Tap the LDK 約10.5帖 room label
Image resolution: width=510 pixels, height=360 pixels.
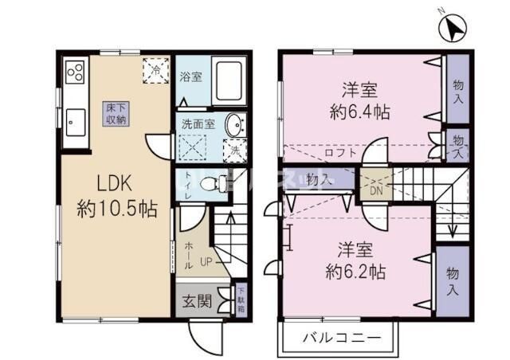tap(116, 198)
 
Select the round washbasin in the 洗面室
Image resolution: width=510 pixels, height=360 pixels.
tap(235, 126)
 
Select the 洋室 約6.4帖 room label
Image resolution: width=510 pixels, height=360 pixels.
tap(360, 100)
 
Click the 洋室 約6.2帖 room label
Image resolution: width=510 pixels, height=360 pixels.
tap(357, 259)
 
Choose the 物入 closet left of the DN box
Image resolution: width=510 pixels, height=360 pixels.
tap(320, 180)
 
